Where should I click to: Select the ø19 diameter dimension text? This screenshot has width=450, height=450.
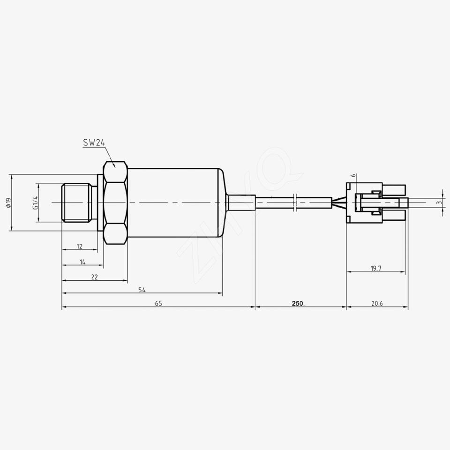pyautogui.click(x=8, y=202)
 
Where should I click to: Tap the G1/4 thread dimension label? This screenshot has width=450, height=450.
pyautogui.click(x=35, y=202)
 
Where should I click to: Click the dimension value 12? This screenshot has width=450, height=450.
pyautogui.click(x=80, y=246)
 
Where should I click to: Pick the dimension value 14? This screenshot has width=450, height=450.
pyautogui.click(x=82, y=262)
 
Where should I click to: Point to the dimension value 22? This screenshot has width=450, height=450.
pyautogui.click(x=94, y=277)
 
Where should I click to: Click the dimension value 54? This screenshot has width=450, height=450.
pyautogui.click(x=142, y=290)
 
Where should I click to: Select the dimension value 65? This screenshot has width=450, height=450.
pyautogui.click(x=158, y=303)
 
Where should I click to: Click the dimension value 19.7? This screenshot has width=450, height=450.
pyautogui.click(x=376, y=269)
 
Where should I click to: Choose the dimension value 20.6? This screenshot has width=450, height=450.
pyautogui.click(x=377, y=303)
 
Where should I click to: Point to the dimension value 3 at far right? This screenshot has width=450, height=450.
pyautogui.click(x=438, y=202)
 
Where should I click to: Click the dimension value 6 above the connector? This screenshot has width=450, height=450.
pyautogui.click(x=354, y=176)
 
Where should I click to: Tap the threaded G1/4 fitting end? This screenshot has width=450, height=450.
pyautogui.click(x=77, y=202)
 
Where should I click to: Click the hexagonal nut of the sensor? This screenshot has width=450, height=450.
pyautogui.click(x=115, y=202)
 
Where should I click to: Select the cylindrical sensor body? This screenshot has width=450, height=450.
pyautogui.click(x=173, y=202)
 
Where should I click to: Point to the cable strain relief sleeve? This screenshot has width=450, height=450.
pyautogui.click(x=241, y=202)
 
